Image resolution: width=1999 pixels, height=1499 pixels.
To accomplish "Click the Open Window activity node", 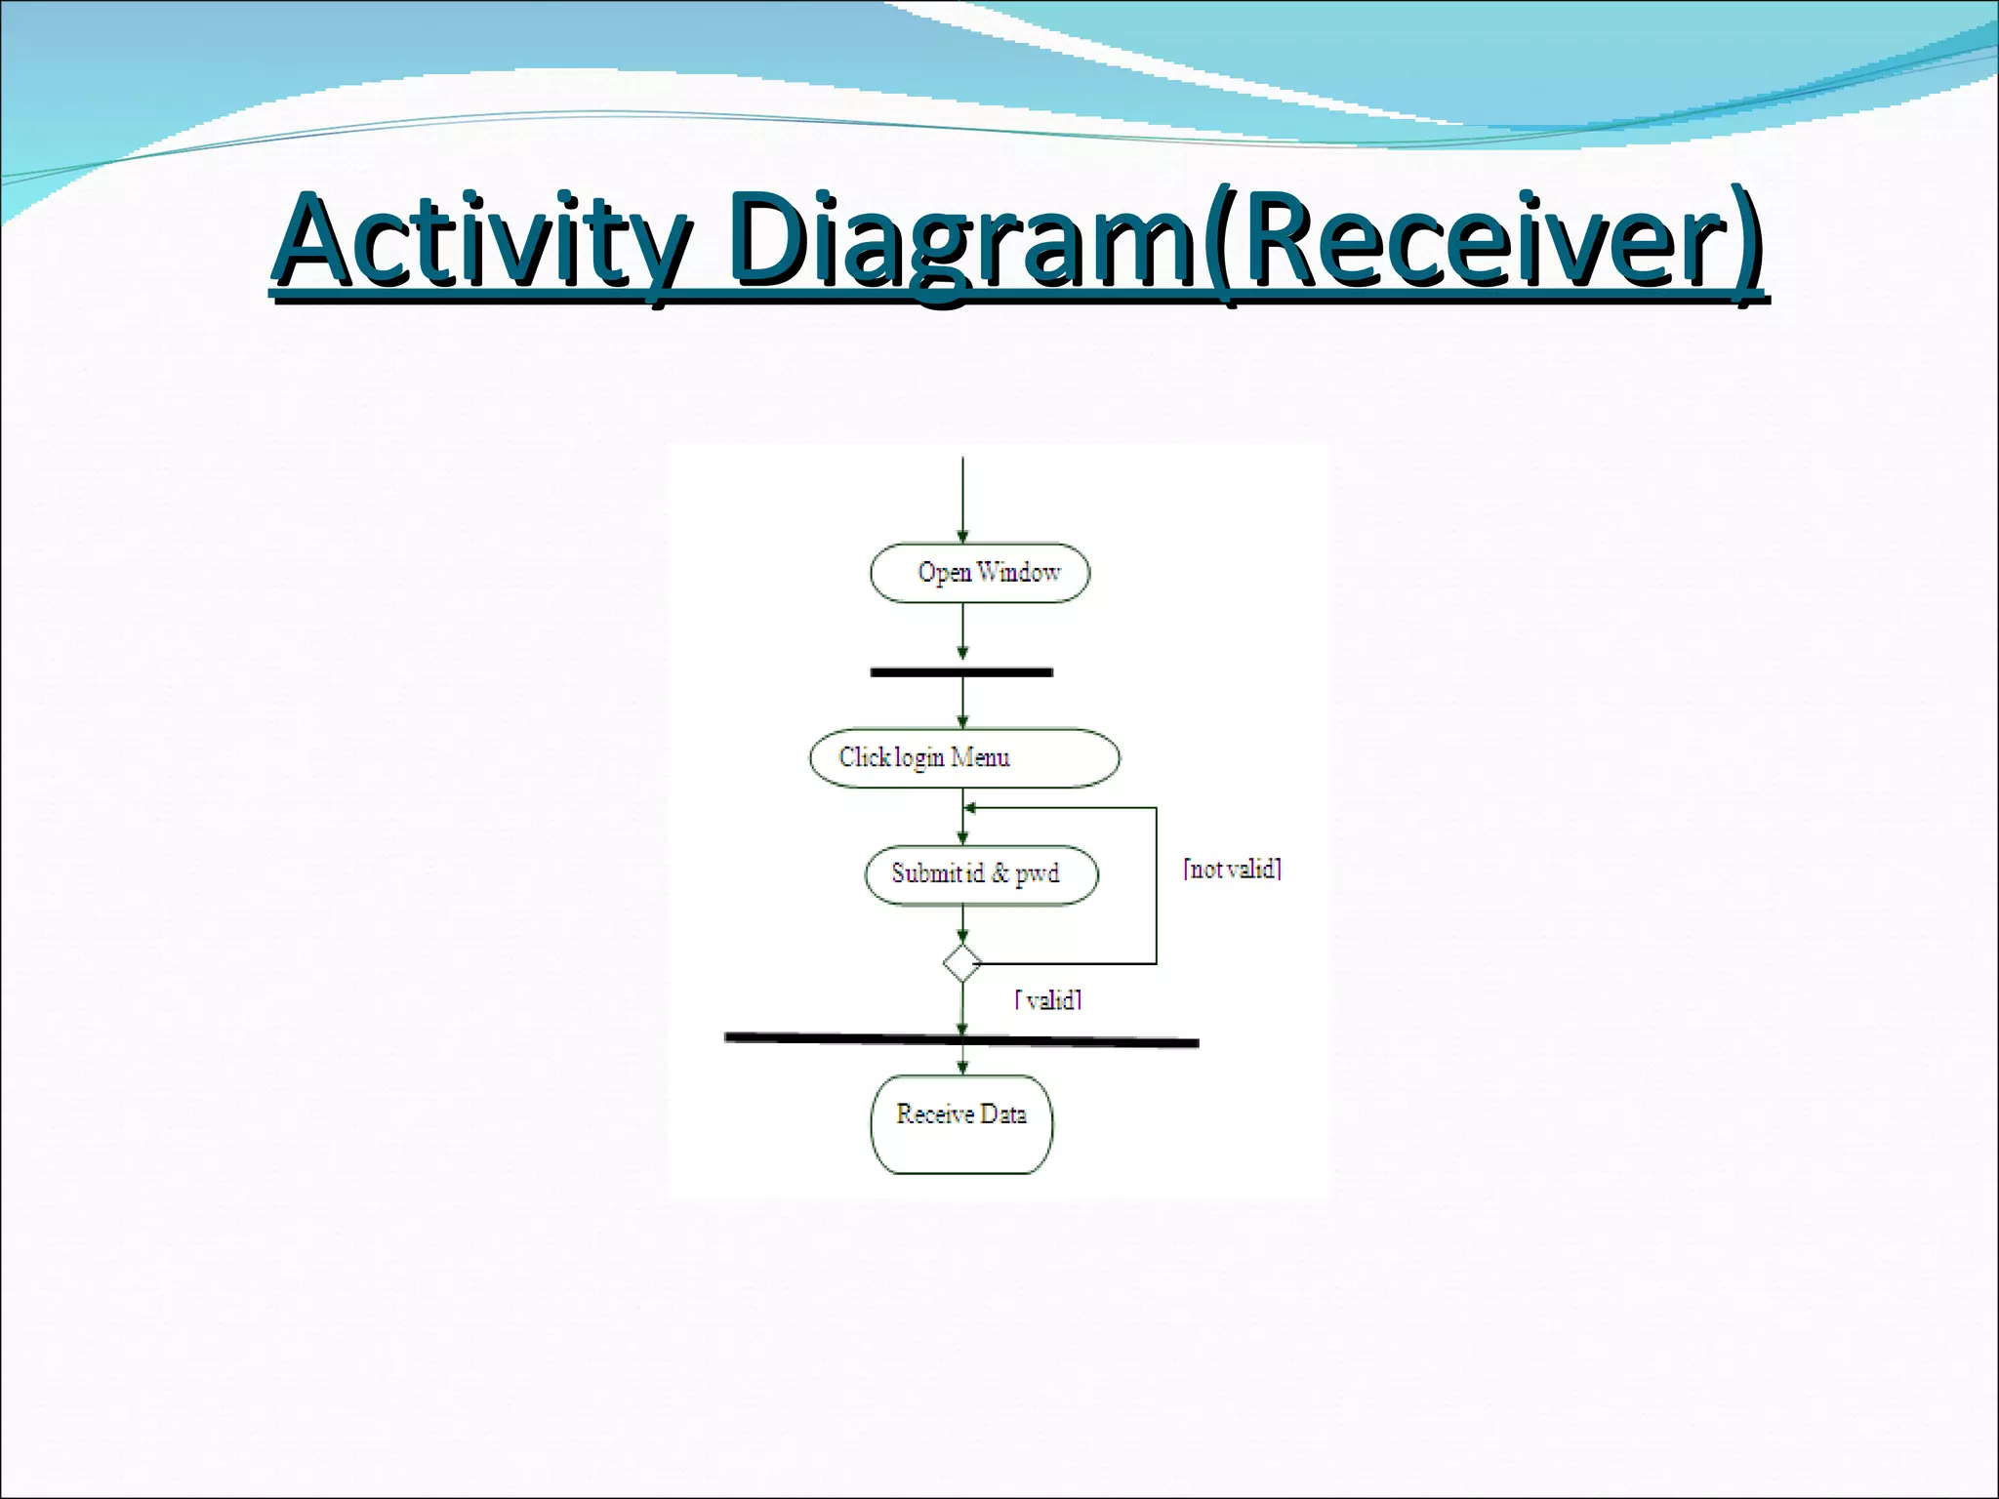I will [x=979, y=573].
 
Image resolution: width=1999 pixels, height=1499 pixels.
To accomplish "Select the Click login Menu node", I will [x=964, y=757].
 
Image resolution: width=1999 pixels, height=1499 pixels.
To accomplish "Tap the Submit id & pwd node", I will [x=981, y=874].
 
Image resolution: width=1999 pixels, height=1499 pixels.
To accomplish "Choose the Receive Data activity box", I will [x=961, y=1124].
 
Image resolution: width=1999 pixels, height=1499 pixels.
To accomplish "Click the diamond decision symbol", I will [x=962, y=963].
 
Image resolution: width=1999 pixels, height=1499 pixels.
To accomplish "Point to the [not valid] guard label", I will [x=1232, y=869].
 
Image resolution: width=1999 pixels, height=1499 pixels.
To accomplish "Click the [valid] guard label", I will [x=1048, y=999].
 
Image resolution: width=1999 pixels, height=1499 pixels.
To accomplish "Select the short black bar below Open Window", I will [x=961, y=672].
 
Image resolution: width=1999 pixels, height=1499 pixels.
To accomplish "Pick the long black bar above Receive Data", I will [x=961, y=1040].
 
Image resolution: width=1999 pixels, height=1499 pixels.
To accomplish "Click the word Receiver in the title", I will [x=1484, y=239].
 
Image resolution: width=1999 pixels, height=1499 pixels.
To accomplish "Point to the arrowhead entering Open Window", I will [x=962, y=537].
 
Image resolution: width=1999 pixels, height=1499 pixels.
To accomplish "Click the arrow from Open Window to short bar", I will [x=962, y=631].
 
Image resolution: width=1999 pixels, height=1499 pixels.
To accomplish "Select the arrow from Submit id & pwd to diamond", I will [x=962, y=923].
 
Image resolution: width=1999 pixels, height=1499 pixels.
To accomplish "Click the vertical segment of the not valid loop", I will [x=1157, y=886].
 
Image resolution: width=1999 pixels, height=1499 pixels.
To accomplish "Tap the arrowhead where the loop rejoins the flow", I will [x=970, y=808].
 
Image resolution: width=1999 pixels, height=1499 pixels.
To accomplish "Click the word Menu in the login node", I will [x=980, y=757].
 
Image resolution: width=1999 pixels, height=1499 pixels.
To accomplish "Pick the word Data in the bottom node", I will [x=1003, y=1114].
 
